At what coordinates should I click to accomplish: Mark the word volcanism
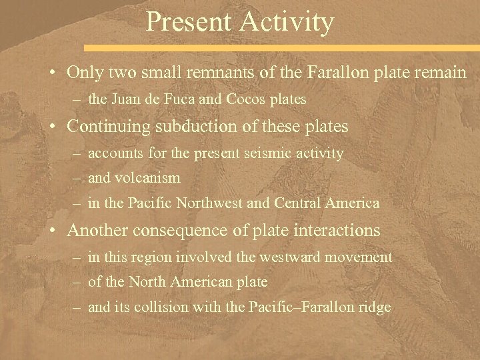[x=147, y=179]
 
